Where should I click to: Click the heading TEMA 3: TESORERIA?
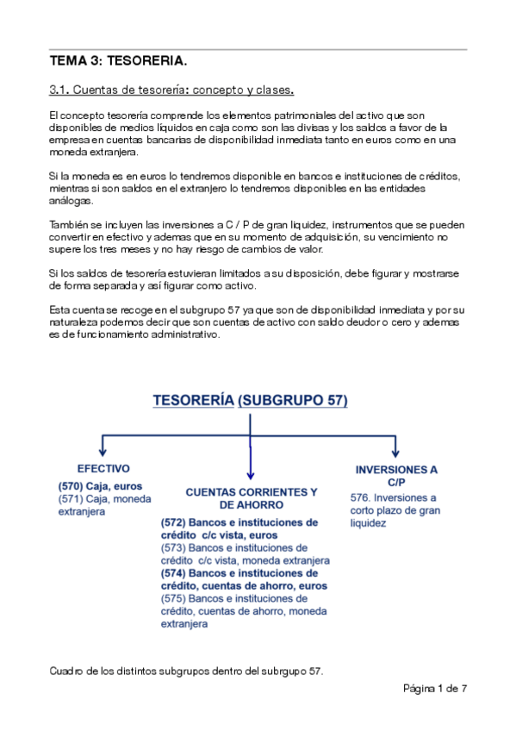coord(118,62)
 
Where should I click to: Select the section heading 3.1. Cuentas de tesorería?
coord(171,90)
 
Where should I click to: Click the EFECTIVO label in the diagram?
coord(103,469)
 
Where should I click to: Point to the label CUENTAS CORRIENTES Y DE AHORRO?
coord(252,498)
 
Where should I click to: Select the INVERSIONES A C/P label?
coord(396,476)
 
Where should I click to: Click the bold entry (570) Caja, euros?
coord(89,486)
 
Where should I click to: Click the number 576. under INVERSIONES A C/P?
coord(361,498)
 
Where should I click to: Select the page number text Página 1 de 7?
coord(435,688)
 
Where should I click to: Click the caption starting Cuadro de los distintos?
coord(186,671)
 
